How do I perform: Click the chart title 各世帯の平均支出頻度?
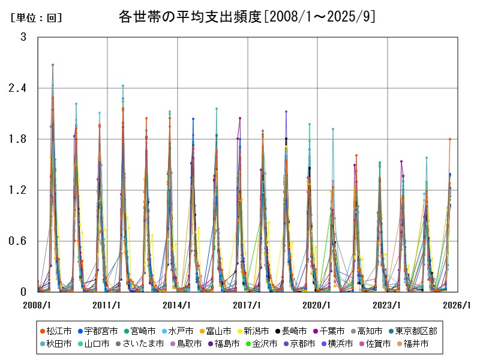[247, 16]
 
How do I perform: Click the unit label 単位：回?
[37, 18]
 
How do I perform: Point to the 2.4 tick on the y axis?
[19, 88]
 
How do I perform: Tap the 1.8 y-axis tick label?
[19, 139]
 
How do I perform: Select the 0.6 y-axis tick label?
[19, 241]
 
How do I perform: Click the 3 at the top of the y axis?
[23, 37]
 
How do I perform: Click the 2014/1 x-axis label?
[178, 305]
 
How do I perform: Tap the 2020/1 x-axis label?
[318, 305]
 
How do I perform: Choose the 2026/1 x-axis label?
[458, 305]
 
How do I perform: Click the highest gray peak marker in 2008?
[53, 64]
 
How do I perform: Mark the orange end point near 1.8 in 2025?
[449, 139]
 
